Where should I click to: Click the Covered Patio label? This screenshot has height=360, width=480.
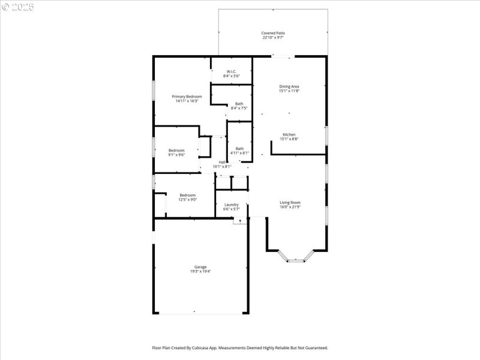(x=272, y=33)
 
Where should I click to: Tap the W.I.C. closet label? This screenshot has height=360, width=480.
(x=231, y=71)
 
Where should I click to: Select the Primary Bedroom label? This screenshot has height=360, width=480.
(x=187, y=97)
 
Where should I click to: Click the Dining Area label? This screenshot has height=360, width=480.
(x=289, y=86)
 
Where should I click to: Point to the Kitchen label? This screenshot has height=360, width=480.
(x=289, y=134)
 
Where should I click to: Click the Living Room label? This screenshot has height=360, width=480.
(x=290, y=202)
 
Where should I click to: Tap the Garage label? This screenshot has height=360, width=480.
(x=200, y=267)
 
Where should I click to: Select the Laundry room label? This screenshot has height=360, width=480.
(x=231, y=205)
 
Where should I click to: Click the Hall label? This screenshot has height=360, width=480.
(x=222, y=162)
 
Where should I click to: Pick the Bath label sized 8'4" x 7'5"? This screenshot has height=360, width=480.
(x=239, y=104)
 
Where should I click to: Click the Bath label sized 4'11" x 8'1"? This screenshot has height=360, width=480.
(x=239, y=149)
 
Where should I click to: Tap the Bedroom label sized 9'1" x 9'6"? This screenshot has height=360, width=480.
(x=176, y=150)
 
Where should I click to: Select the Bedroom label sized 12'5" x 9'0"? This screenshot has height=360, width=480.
(x=187, y=195)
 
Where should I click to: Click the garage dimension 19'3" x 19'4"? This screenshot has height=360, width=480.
(x=200, y=272)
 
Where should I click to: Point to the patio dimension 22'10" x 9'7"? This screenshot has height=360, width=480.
(x=272, y=38)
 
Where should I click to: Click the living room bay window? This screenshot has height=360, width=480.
(x=296, y=260)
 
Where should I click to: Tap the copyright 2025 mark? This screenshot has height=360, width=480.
(x=18, y=7)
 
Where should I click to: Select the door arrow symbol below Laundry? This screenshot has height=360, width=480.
(x=241, y=221)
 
